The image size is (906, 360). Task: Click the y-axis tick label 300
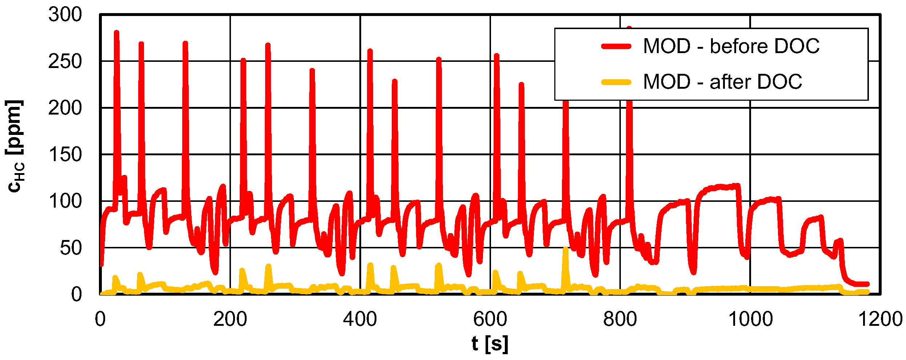coord(65,15)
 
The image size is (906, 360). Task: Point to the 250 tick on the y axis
coord(65,62)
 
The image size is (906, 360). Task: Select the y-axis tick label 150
coord(65,155)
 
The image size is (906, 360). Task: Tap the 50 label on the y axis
coord(71,248)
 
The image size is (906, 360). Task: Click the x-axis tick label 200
coord(230,319)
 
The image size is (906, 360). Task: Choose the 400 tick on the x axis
coord(360,319)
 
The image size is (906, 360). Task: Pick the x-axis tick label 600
coord(490,319)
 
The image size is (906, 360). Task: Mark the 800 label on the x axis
coord(620,319)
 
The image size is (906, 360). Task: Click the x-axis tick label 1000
coord(750,319)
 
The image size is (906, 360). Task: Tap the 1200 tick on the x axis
coord(880,319)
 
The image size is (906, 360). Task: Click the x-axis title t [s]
coord(490,344)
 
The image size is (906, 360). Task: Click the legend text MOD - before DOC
coord(731,46)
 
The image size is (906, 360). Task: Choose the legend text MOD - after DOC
coord(723,81)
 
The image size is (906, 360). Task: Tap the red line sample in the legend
coord(616,46)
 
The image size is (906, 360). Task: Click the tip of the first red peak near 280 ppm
coord(116,33)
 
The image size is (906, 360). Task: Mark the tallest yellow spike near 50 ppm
coord(565,249)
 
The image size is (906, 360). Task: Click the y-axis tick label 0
coord(76,295)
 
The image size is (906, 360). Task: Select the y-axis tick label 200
coord(65,108)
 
